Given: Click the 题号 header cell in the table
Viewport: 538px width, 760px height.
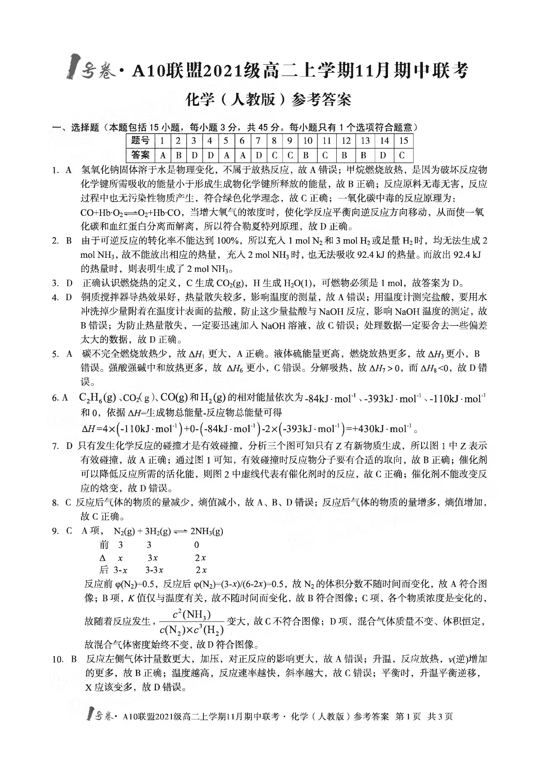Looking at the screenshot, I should [140, 140].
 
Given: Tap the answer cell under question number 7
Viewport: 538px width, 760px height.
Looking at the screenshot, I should [258, 155].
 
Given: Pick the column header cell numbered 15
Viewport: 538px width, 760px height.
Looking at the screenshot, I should [403, 140].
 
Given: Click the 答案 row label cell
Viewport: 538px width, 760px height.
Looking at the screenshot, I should [140, 155].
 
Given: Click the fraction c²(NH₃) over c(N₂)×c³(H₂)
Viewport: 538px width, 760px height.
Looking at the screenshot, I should [191, 622].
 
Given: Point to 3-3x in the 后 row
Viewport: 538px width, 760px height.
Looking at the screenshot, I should [154, 570].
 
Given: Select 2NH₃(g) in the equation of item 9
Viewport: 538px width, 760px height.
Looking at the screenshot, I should [206, 532].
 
